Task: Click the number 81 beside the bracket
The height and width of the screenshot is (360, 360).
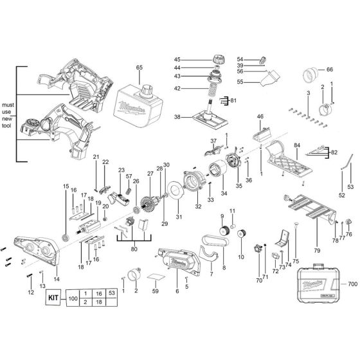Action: point(233,100)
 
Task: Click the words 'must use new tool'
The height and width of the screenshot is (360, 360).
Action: point(8,112)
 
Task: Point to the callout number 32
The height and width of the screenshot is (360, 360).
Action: point(198,208)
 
